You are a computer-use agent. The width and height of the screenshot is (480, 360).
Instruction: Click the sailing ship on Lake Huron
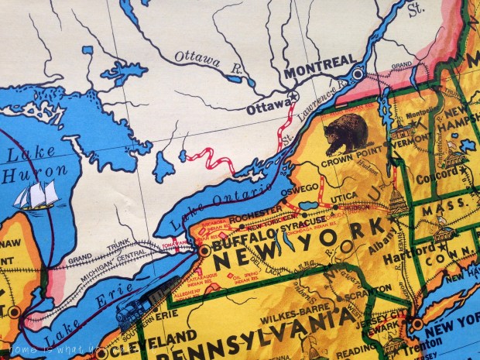point(39,195)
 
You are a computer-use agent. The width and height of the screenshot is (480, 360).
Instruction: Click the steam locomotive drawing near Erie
point(142,303)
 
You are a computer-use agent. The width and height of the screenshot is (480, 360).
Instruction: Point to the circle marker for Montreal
point(357,74)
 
